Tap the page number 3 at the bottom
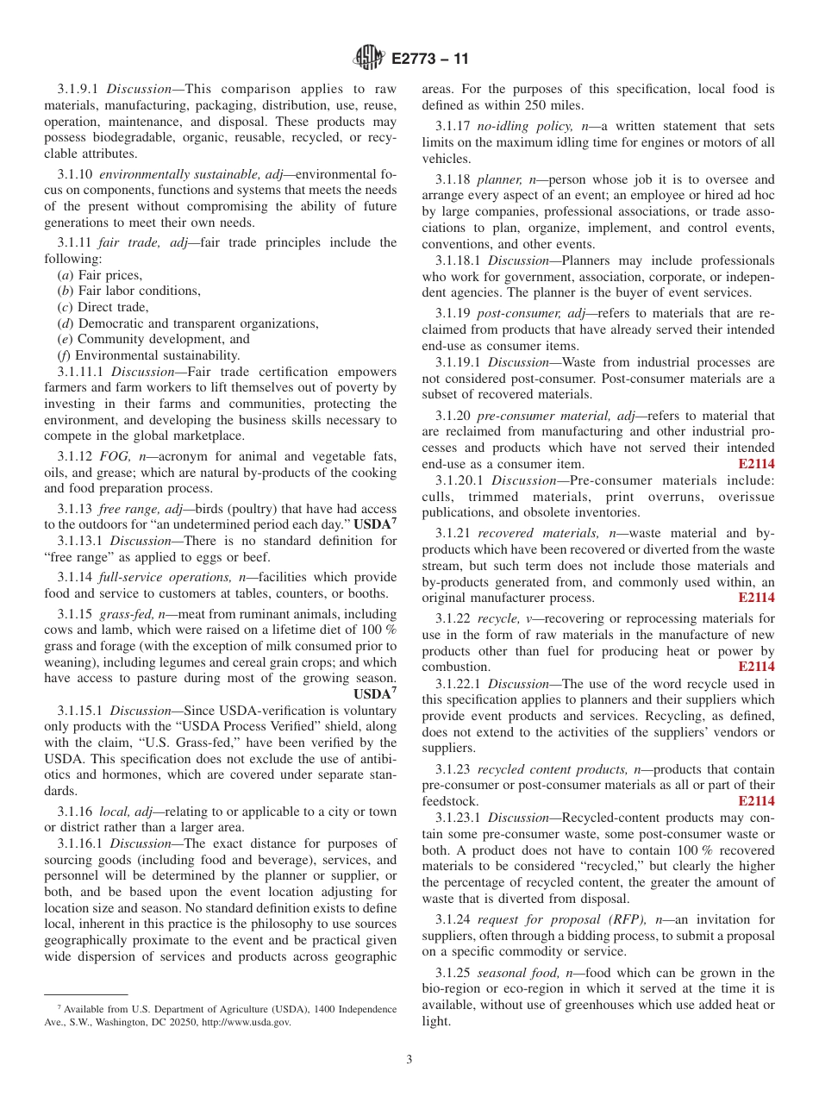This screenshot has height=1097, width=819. tap(409, 1060)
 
